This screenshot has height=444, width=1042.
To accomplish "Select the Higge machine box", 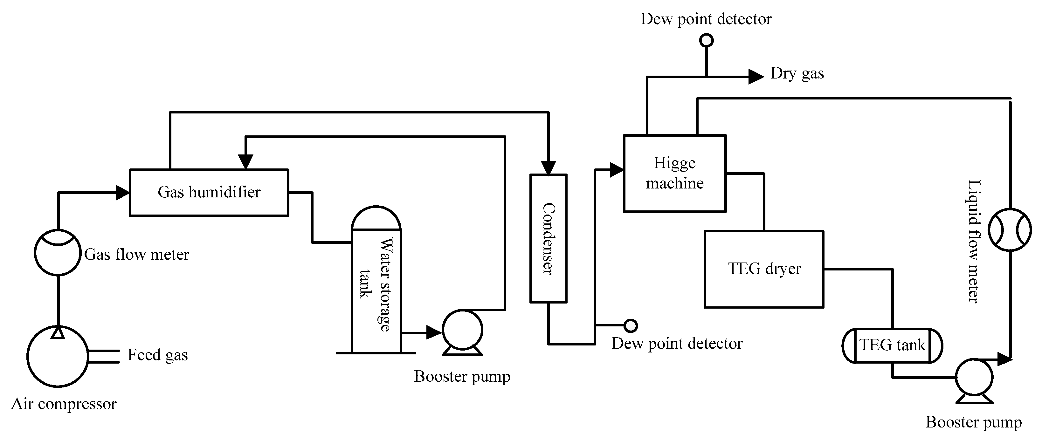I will coord(674,173).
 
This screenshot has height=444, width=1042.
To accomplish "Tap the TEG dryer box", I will coord(764,269).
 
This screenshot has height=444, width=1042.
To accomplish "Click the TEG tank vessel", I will coord(892,346).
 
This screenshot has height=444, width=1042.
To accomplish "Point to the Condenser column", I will coord(548,239).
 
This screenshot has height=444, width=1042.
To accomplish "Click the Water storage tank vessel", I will coord(376,283).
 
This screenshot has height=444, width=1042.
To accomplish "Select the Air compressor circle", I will coord(58,356).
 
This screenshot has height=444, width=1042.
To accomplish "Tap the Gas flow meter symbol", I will coord(58,252).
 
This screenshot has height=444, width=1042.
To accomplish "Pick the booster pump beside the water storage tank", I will coord(462,330).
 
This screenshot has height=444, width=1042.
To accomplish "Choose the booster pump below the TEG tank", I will coord(974,377).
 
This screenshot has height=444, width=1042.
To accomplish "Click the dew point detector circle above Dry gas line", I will coord(706,40).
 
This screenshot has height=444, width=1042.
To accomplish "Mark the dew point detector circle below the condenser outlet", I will coord(631,325).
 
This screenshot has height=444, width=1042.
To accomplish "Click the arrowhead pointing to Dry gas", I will coord(755,76).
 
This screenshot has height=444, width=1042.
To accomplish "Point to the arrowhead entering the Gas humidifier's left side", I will coord(122,193).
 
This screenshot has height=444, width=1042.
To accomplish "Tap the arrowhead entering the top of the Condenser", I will coord(548,167).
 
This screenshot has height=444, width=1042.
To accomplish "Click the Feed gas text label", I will coord(157,355).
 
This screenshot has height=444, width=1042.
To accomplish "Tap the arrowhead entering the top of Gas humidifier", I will coord(245,161).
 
